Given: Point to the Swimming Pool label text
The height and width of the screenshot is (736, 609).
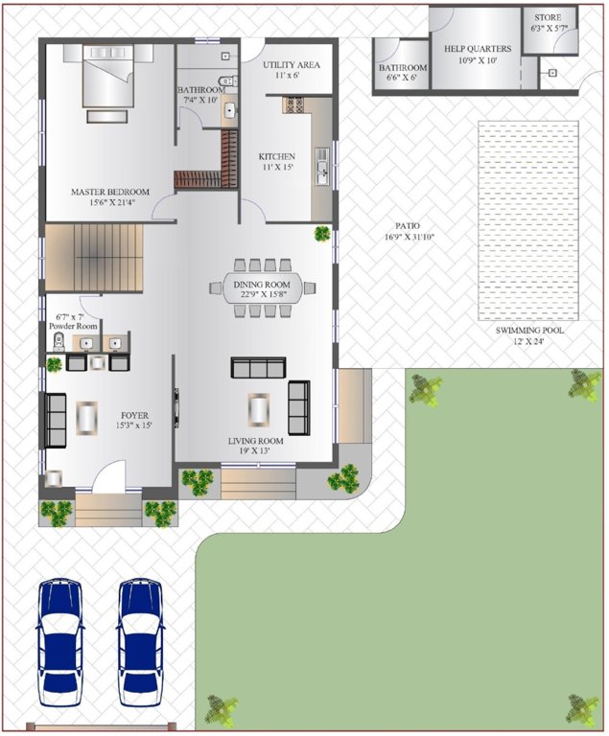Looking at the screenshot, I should (529, 330).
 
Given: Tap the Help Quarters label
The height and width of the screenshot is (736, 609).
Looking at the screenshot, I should (477, 49).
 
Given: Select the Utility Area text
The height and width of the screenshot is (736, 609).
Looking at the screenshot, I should (291, 64).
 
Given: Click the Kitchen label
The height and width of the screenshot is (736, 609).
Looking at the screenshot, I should (277, 156).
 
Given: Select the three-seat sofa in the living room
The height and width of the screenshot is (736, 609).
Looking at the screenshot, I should (259, 367).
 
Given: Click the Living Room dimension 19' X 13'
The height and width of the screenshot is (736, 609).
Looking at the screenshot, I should (256, 452).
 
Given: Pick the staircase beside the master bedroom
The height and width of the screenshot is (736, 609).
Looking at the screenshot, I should (94, 258).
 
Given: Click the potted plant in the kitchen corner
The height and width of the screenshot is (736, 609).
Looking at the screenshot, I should (322, 233).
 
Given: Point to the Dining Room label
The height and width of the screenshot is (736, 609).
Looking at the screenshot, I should (262, 284).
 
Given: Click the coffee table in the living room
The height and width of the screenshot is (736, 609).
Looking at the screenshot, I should (258, 409).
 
